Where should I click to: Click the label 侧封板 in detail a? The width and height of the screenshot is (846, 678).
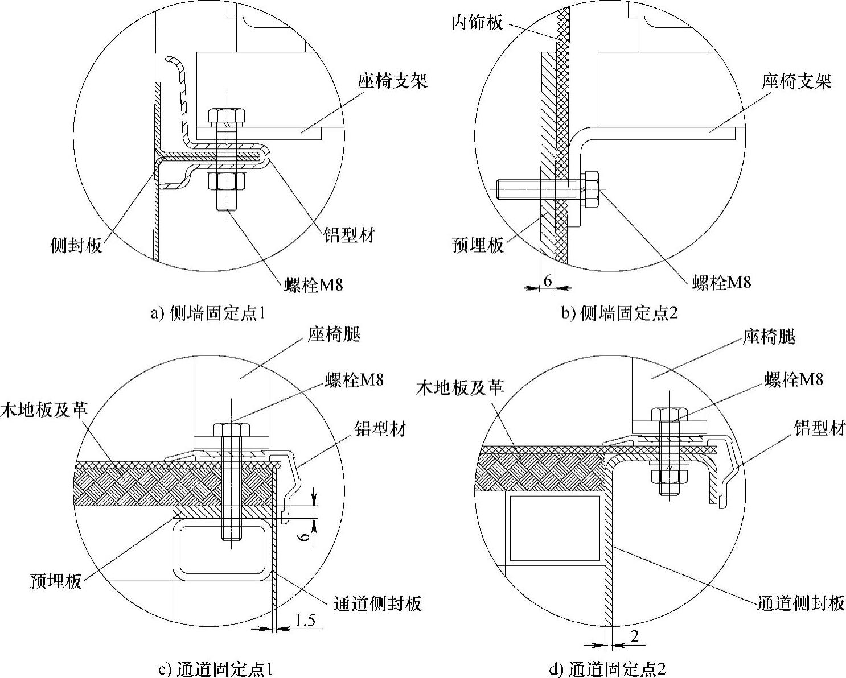[76, 245]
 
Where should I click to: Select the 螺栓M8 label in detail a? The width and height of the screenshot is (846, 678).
[314, 284]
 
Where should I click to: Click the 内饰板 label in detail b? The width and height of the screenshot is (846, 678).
[477, 23]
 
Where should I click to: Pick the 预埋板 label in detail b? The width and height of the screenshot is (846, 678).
[478, 245]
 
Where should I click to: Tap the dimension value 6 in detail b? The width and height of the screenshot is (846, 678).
[547, 280]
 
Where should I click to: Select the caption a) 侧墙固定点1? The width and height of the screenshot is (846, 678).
[208, 313]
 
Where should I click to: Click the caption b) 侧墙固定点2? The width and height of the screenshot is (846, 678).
[620, 313]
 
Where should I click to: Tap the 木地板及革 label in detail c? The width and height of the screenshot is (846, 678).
[44, 409]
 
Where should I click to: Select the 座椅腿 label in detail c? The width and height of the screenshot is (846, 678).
[334, 334]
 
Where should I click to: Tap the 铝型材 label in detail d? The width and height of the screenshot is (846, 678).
[820, 429]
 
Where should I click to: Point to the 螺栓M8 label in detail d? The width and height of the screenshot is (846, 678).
[794, 379]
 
